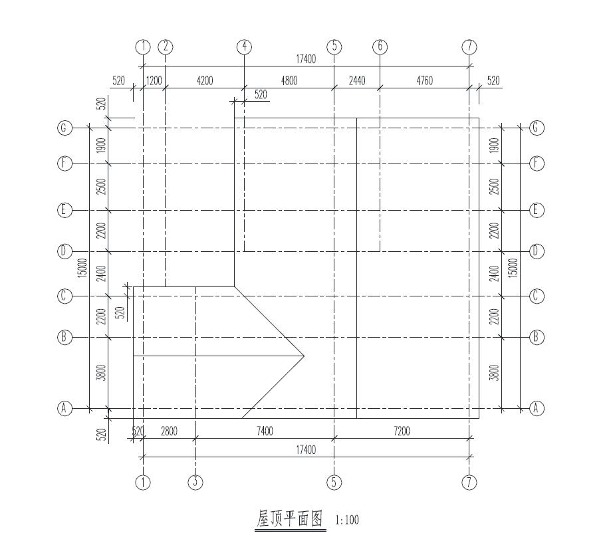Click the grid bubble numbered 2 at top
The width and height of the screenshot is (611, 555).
166,47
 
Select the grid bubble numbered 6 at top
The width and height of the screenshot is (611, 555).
380,47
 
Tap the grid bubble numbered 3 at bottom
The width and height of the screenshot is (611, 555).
195,483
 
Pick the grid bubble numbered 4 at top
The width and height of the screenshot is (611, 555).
244,47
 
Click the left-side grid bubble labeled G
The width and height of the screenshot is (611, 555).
64,128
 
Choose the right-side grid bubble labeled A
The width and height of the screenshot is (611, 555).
537,408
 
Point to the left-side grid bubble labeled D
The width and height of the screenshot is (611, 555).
64,252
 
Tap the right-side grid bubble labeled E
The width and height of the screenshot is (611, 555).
537,210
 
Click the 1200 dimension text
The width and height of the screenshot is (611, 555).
154,81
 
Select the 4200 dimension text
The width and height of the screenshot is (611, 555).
205,81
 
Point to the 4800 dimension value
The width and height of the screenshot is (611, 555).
289,81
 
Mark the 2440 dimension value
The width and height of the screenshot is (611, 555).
357,81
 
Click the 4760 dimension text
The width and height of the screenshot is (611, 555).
424,81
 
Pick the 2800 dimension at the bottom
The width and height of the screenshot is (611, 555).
169,431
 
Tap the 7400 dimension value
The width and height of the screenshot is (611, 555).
265,431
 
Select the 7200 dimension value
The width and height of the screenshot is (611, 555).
402,431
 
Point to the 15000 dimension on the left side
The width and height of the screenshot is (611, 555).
82,268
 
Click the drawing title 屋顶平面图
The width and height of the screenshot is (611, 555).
291,518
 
